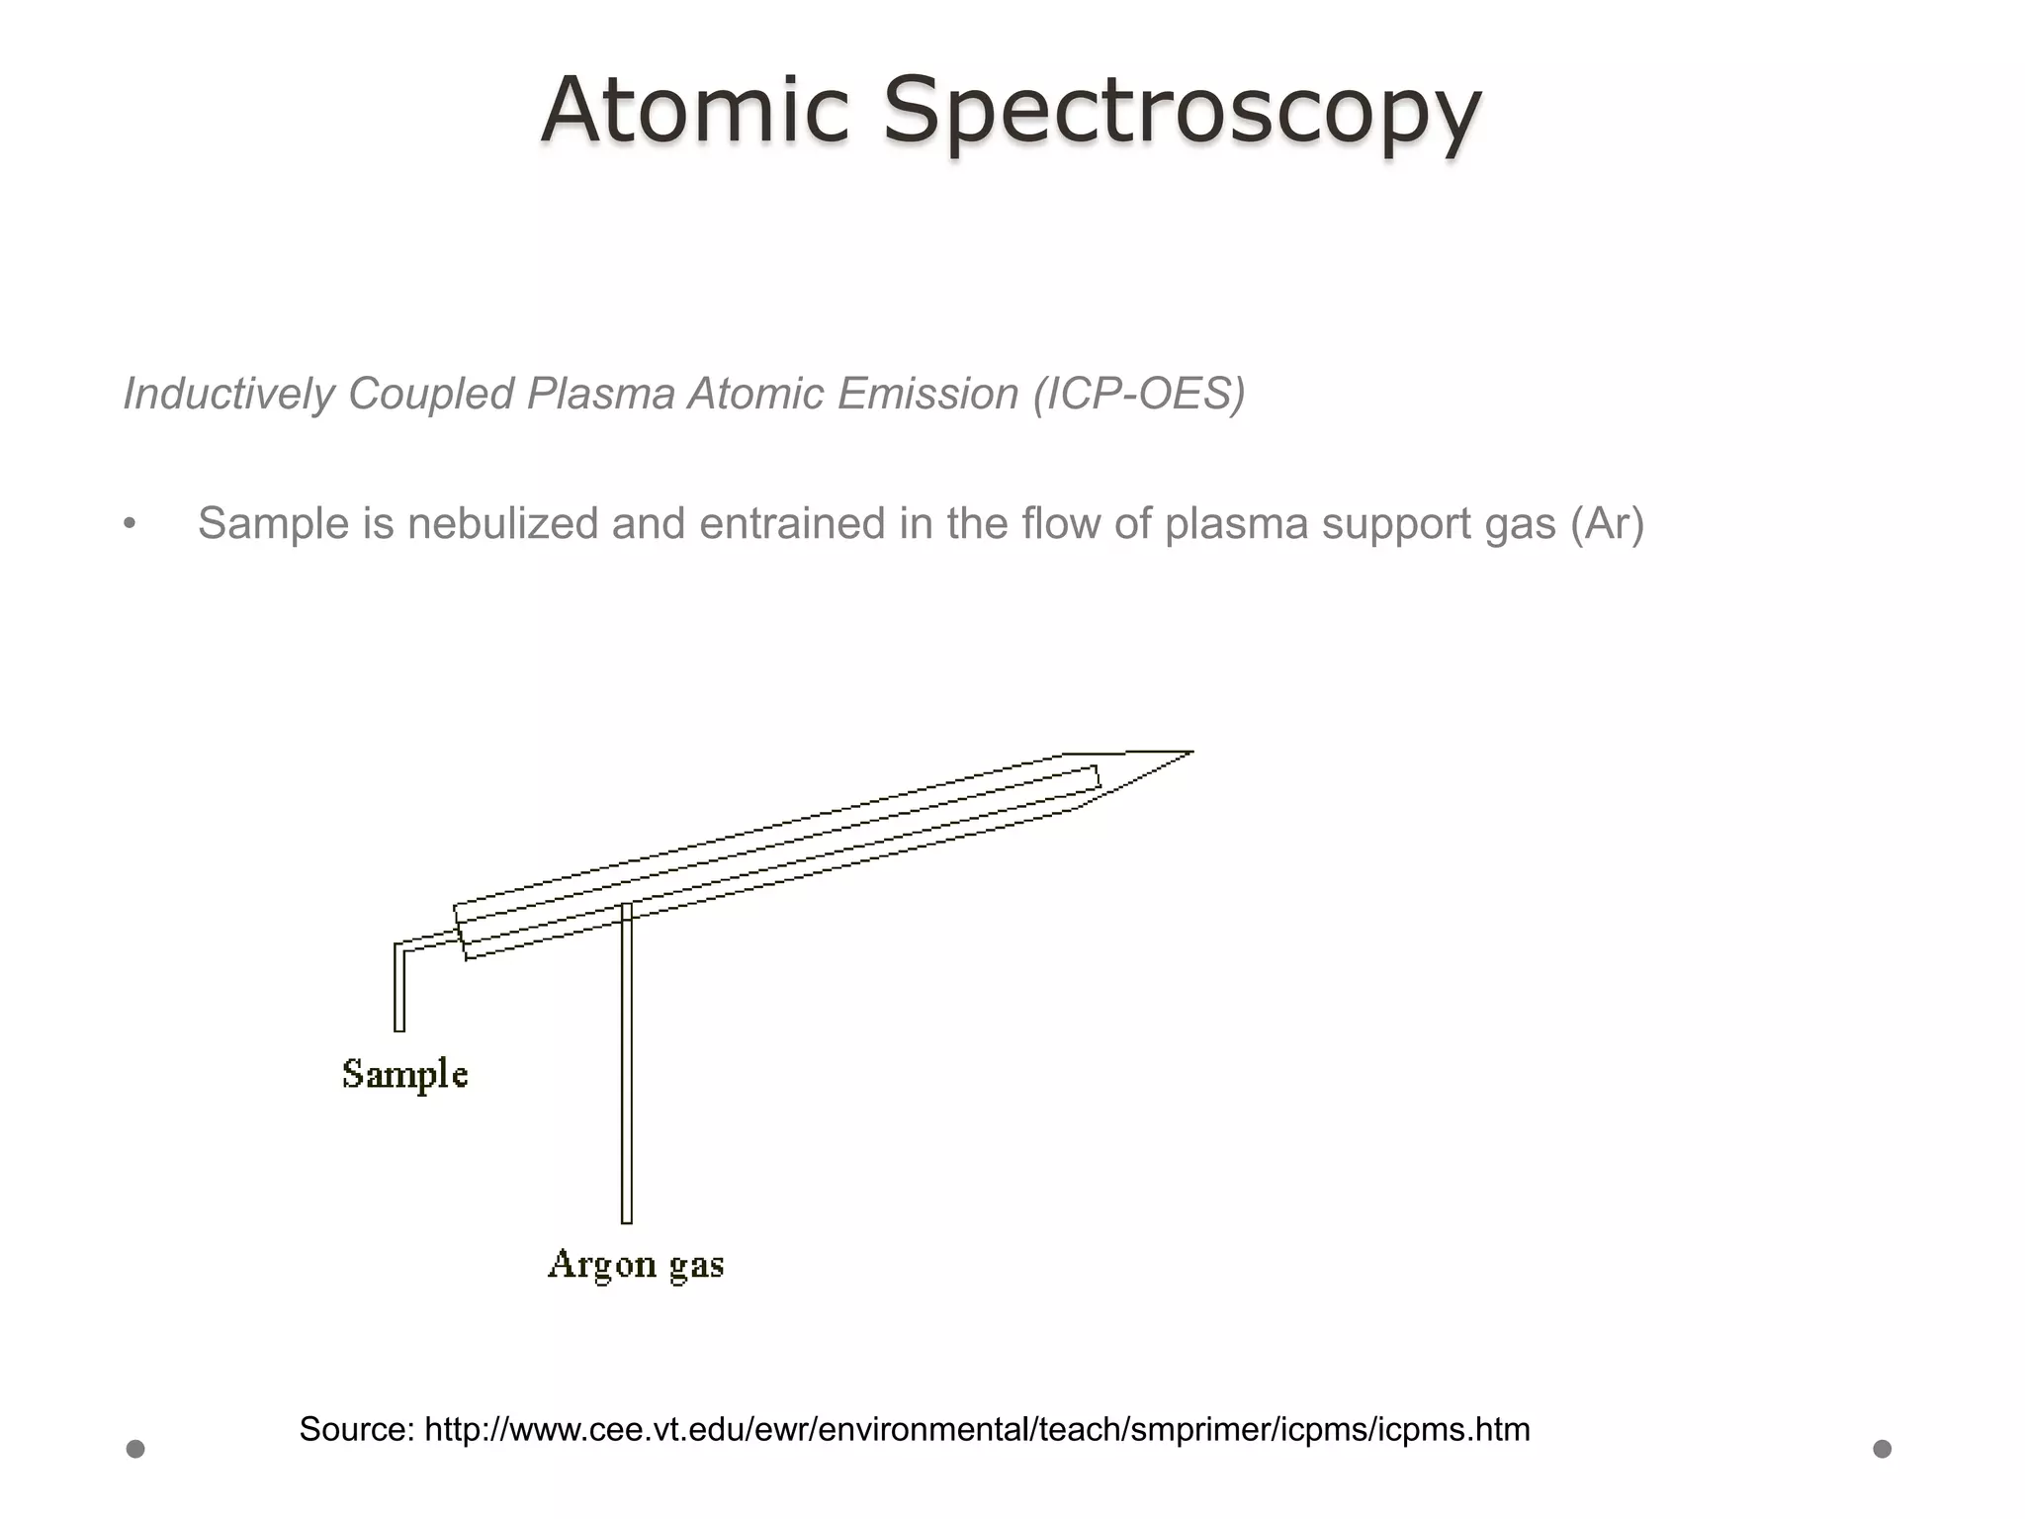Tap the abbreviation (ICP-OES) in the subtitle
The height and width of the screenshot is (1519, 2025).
pyautogui.click(x=1138, y=394)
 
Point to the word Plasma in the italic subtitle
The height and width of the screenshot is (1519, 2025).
pyautogui.click(x=600, y=394)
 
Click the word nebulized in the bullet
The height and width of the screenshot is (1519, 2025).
pyautogui.click(x=502, y=523)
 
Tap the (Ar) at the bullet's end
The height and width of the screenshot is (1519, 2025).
pyautogui.click(x=1607, y=523)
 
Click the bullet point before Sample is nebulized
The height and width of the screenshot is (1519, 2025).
pyautogui.click(x=130, y=524)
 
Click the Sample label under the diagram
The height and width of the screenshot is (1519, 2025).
pyautogui.click(x=404, y=1075)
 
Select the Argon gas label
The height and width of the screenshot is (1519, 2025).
pyautogui.click(x=636, y=1265)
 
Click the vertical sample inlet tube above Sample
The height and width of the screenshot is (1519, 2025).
pyautogui.click(x=399, y=989)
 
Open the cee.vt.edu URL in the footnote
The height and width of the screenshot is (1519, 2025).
pyautogui.click(x=977, y=1429)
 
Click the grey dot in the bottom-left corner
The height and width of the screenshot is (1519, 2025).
pyautogui.click(x=135, y=1449)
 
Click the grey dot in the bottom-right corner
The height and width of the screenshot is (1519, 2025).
pyautogui.click(x=1883, y=1449)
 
